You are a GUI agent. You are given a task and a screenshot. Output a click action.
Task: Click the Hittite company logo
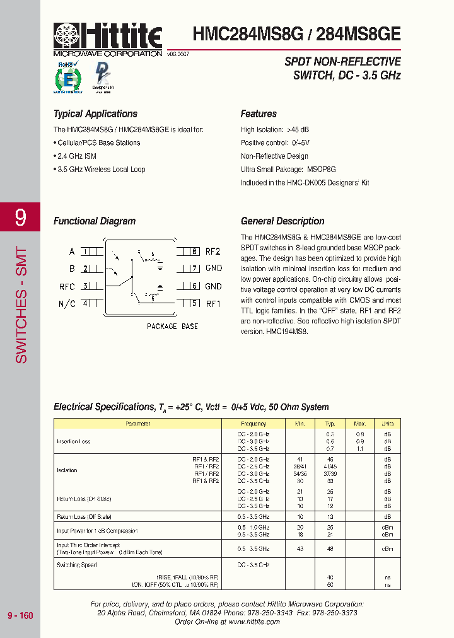[108, 37]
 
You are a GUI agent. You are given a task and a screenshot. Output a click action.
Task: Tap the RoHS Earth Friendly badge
[69, 78]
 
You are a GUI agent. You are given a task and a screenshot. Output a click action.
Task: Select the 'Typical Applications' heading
[95, 114]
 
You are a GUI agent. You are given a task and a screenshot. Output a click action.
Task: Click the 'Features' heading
[259, 114]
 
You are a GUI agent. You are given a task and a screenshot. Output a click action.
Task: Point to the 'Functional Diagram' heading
[95, 221]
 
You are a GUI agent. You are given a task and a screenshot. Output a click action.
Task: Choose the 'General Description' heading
[282, 221]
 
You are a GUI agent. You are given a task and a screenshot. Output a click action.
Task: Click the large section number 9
[21, 218]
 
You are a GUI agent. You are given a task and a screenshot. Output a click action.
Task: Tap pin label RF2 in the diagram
[213, 252]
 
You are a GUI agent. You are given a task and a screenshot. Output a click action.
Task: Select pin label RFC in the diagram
[67, 286]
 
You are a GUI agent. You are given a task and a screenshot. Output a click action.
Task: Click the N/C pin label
[67, 304]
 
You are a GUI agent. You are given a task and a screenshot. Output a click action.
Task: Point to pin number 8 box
[195, 252]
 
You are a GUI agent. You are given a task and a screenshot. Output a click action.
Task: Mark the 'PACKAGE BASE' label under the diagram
[172, 327]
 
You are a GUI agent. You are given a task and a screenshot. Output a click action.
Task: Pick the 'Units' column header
[387, 424]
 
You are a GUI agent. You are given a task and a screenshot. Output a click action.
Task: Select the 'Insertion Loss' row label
[74, 441]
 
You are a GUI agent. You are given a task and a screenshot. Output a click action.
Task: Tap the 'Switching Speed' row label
[77, 565]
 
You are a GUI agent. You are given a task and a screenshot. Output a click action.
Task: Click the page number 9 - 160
[20, 615]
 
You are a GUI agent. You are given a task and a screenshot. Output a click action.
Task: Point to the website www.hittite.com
[254, 622]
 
